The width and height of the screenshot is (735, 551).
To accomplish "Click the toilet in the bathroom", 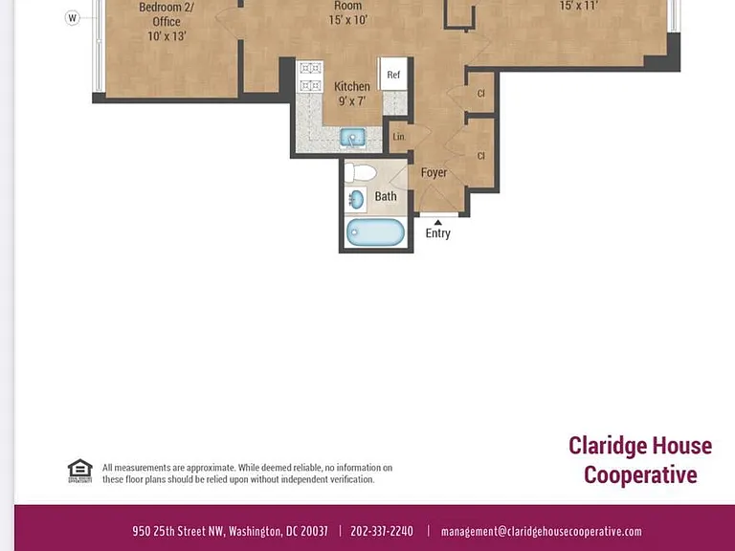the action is pyautogui.click(x=360, y=172).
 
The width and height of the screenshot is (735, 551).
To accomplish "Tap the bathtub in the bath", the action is pyautogui.click(x=375, y=232).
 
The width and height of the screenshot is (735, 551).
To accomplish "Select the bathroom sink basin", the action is pyautogui.click(x=357, y=200).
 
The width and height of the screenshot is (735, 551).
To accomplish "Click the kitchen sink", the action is pyautogui.click(x=353, y=138).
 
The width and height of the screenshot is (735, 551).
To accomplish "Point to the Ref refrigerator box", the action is pyautogui.click(x=392, y=74).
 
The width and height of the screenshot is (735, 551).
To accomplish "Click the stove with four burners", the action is pyautogui.click(x=310, y=77).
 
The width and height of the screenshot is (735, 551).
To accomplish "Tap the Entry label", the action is pyautogui.click(x=437, y=233).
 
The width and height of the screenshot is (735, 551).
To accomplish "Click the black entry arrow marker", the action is pyautogui.click(x=437, y=222).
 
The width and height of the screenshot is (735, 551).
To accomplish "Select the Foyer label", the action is pyautogui.click(x=434, y=173).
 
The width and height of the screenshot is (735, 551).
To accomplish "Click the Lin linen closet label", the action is pyautogui.click(x=398, y=137).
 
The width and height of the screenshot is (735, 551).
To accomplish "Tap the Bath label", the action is pyautogui.click(x=386, y=196).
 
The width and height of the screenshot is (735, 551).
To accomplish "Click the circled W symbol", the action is pyautogui.click(x=72, y=18).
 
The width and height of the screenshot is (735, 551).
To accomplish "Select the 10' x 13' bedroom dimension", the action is pyautogui.click(x=167, y=36).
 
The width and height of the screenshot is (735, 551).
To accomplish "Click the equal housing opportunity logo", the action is pyautogui.click(x=79, y=471).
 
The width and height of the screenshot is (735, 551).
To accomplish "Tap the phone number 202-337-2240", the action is pyautogui.click(x=382, y=531).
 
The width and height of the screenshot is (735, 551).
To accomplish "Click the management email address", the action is pyautogui.click(x=542, y=531).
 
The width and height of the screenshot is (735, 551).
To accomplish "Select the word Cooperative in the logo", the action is pyautogui.click(x=640, y=475).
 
